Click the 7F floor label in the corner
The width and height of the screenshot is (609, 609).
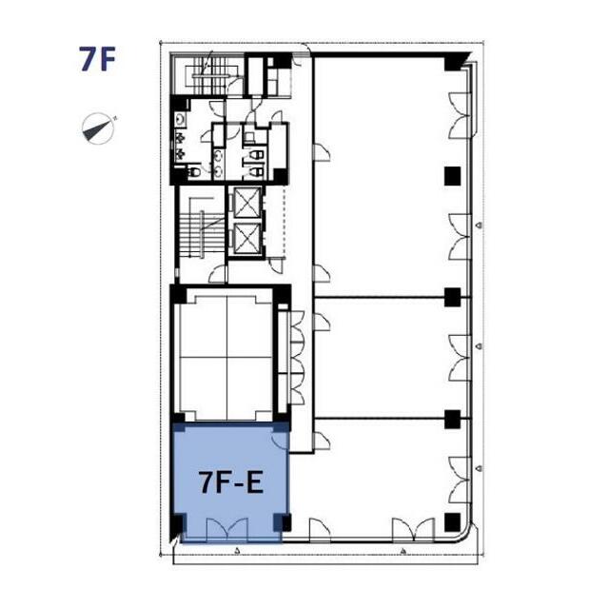[x=97, y=59]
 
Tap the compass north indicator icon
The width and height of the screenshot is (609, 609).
[x=99, y=128]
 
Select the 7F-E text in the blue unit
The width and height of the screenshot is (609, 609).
[x=231, y=482]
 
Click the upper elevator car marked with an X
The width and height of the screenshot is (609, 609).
[x=247, y=203]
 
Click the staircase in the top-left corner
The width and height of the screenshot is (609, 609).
[x=211, y=75]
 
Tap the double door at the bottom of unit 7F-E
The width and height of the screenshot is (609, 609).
[x=227, y=530]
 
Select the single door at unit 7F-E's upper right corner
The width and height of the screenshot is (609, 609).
[x=280, y=440]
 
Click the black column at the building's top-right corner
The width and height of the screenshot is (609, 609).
[x=455, y=62]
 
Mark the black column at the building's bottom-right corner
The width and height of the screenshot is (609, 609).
[x=453, y=522]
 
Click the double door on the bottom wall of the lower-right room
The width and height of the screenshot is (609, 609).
[x=413, y=529]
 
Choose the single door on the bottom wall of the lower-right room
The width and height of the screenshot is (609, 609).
[x=320, y=529]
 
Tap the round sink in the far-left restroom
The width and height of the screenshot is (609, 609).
[x=180, y=120]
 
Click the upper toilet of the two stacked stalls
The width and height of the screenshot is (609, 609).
[x=255, y=155]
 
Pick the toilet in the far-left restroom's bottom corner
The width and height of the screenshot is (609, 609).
[x=194, y=171]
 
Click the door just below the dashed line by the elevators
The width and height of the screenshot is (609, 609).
[x=278, y=265]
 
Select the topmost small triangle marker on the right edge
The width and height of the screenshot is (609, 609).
[x=480, y=225]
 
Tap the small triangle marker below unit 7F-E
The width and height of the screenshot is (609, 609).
[x=238, y=550]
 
